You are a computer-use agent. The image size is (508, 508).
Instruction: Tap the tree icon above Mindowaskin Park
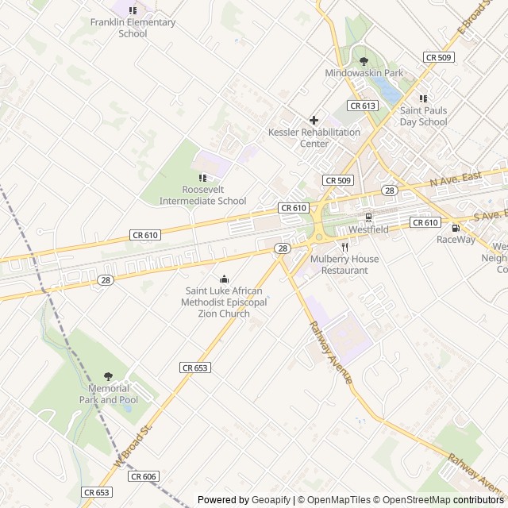(364, 60)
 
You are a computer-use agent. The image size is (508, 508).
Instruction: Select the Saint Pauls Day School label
(423, 117)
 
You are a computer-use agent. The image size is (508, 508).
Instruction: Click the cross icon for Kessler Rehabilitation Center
(314, 120)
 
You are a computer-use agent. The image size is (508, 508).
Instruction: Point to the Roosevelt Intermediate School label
(203, 195)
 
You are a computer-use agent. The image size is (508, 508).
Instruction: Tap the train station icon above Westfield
(368, 217)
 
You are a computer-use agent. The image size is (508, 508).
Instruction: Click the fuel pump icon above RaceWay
(456, 227)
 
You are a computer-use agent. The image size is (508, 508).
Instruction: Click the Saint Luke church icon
(225, 279)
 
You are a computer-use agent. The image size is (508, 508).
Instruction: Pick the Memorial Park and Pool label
(109, 394)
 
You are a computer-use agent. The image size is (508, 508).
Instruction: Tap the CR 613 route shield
(362, 106)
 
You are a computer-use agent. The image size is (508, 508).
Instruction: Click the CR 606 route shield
(144, 476)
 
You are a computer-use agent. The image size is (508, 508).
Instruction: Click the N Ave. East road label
(456, 179)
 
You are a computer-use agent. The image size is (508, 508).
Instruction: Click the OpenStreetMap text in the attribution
(413, 500)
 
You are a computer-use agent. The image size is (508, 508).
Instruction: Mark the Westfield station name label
(368, 229)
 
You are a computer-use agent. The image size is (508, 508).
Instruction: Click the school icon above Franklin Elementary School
(133, 10)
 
